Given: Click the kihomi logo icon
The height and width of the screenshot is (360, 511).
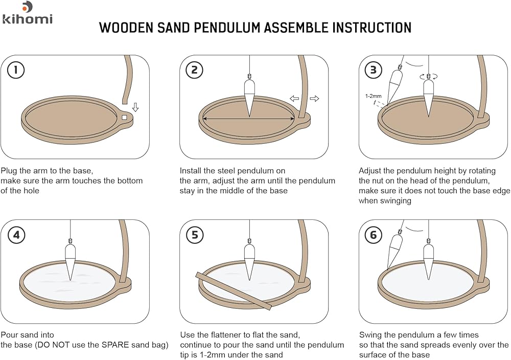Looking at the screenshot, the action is (x=27, y=7).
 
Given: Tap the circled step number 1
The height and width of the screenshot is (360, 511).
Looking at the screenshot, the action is (x=16, y=70).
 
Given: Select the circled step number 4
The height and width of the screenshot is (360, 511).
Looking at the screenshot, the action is (x=16, y=235).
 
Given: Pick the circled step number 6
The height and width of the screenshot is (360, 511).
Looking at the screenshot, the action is (x=374, y=235).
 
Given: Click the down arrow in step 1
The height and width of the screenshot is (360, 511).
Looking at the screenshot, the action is (x=135, y=107).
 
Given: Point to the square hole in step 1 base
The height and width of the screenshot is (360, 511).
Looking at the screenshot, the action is (x=125, y=118).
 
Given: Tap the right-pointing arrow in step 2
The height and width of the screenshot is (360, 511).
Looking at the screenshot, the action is (x=314, y=99).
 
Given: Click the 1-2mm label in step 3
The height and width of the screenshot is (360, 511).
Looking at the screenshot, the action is (x=373, y=96).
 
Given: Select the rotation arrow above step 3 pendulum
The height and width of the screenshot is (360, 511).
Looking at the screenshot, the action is (x=429, y=77).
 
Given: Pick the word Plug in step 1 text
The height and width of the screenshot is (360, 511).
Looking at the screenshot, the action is (x=9, y=170).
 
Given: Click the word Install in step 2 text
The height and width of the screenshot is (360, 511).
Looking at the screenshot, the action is (x=192, y=170).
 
